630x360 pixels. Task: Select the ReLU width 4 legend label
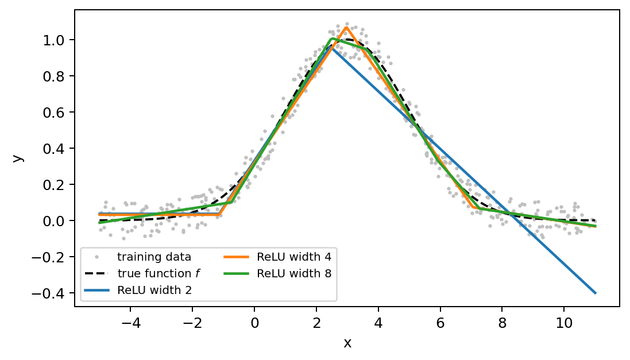click(x=277, y=257)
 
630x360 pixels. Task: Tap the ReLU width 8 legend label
click(x=277, y=273)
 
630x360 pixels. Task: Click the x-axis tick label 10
click(x=564, y=323)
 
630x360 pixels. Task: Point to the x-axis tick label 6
click(x=440, y=323)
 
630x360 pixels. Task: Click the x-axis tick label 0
click(x=254, y=323)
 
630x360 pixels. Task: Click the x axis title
click(x=347, y=343)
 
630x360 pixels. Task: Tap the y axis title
click(x=18, y=158)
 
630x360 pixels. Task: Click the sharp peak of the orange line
click(x=346, y=28)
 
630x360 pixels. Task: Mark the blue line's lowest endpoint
click(x=596, y=293)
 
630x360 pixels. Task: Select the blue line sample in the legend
click(x=96, y=290)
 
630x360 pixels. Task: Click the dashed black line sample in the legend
click(x=96, y=274)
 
